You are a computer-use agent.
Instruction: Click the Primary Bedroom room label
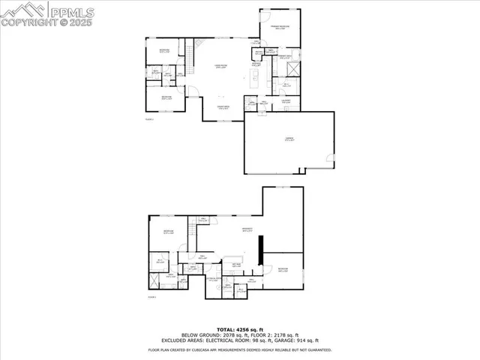pyautogui.click(x=280, y=28)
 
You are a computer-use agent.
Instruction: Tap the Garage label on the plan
pyautogui.click(x=289, y=140)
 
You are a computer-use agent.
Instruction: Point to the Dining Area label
pyautogui.click(x=223, y=108)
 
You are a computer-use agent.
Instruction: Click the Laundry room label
pyautogui.click(x=286, y=101)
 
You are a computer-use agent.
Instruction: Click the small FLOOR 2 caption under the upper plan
pyautogui.click(x=148, y=119)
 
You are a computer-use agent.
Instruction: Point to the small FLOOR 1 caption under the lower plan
pyautogui.click(x=151, y=297)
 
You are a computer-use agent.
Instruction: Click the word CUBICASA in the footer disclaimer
pyautogui.click(x=214, y=349)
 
